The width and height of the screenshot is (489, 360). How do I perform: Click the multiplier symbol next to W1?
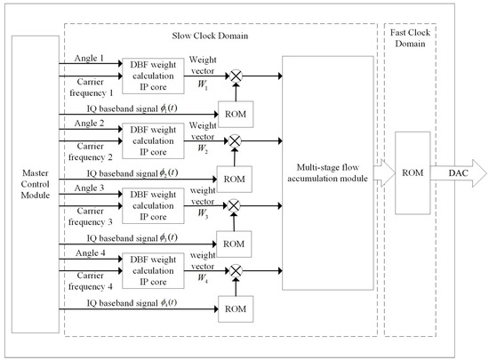pos(236,78)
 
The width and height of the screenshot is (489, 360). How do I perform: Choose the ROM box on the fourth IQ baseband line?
pos(236,308)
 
